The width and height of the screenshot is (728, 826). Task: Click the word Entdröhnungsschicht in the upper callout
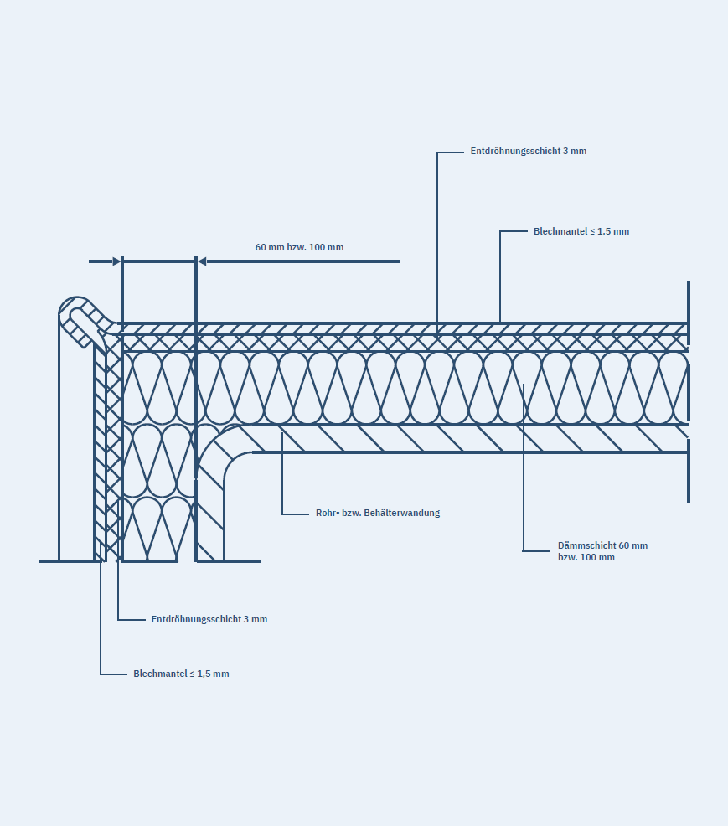(x=514, y=152)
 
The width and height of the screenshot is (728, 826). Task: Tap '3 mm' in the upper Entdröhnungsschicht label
(x=575, y=152)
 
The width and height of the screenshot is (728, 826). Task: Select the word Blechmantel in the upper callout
(x=560, y=231)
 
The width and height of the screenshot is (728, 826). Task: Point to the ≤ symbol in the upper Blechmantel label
(x=592, y=231)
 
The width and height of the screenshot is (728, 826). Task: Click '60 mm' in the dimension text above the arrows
(x=270, y=247)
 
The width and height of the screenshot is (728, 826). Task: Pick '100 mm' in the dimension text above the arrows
(x=326, y=247)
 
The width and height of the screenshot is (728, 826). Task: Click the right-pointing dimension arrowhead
(x=116, y=261)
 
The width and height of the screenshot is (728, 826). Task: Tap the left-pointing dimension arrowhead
(x=202, y=261)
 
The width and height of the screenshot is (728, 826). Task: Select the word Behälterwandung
(x=401, y=513)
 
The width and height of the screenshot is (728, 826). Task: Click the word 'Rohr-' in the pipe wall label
(x=328, y=513)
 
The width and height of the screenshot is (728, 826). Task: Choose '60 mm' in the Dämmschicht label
(x=633, y=545)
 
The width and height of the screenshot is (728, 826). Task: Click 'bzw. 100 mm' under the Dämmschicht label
(x=586, y=557)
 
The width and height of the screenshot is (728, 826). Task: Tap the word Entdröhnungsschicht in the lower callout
(x=195, y=619)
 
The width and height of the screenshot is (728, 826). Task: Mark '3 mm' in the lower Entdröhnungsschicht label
(x=256, y=619)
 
